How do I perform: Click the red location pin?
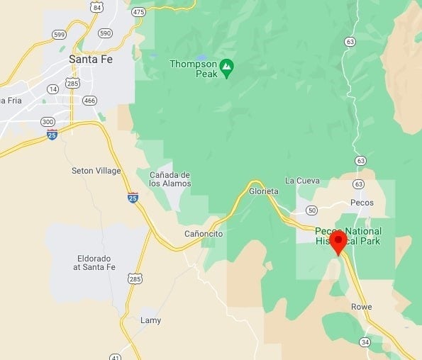click(338, 241)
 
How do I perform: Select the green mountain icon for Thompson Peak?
click(226, 68)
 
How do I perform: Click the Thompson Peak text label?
click(191, 69)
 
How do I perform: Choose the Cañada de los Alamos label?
click(170, 179)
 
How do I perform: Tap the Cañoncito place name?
click(204, 234)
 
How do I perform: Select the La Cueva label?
click(302, 181)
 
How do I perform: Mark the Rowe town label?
click(360, 307)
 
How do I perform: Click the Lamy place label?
click(150, 320)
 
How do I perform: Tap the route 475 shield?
click(139, 12)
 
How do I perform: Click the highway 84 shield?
click(96, 7)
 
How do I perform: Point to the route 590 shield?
click(105, 33)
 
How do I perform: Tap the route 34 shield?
click(365, 342)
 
